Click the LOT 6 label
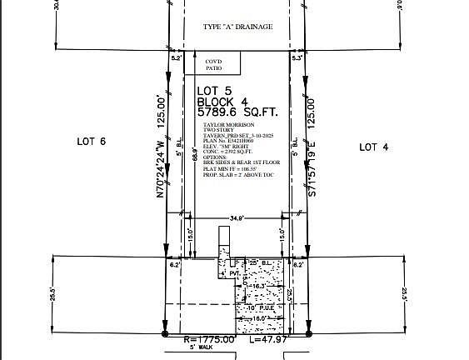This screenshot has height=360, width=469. (x=92, y=142)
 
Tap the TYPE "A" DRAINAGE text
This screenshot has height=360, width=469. (x=238, y=27)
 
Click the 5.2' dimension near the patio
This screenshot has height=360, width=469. (x=176, y=59)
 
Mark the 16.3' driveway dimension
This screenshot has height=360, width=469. (x=257, y=286)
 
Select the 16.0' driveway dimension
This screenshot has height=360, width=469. (x=257, y=318)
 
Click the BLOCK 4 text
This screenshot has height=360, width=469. (x=222, y=101)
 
